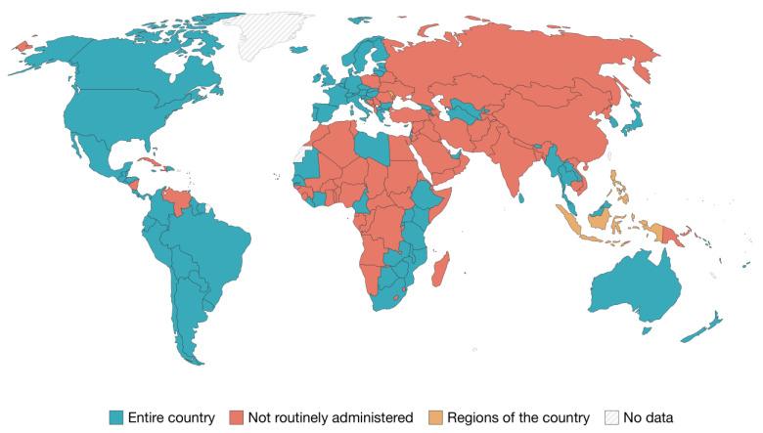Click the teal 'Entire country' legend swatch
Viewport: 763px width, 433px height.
(117, 417)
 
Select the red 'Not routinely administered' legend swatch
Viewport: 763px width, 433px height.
(238, 417)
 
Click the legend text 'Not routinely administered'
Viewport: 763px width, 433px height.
(330, 417)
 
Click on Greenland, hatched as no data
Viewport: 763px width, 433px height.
(279, 29)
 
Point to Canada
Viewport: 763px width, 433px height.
(147, 68)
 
